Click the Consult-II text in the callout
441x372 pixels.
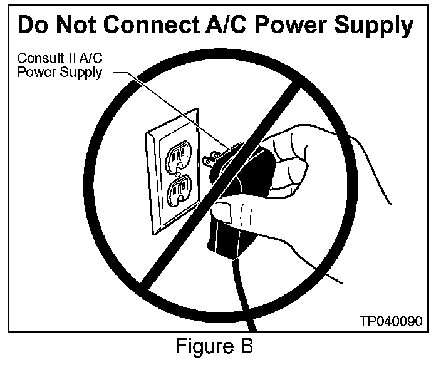pyautogui.click(x=39, y=59)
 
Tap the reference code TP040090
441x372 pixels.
pyautogui.click(x=390, y=321)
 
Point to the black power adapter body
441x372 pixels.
pyautogui.click(x=247, y=188)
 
